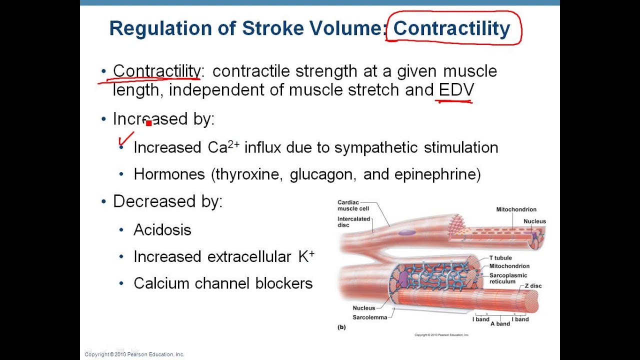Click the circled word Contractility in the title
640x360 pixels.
point(451,29)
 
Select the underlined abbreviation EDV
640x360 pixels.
point(456,90)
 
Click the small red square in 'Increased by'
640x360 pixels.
point(148,123)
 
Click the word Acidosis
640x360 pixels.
point(162,230)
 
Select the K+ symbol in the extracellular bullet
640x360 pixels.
point(306,256)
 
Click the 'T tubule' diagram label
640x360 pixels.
point(500,258)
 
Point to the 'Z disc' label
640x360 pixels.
point(533,286)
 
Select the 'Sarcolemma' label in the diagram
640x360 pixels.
point(369,317)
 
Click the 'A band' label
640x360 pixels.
point(499,324)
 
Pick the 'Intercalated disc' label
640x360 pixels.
point(353,222)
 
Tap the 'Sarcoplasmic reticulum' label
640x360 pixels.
point(508,278)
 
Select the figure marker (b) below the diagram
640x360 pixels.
point(342,327)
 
